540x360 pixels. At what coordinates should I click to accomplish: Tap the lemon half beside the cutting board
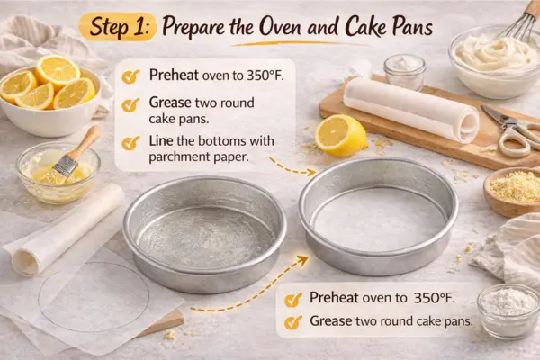tap(341, 135)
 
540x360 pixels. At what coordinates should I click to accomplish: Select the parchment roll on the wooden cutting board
tap(410, 106)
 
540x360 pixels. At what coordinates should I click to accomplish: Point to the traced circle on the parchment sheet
tap(94, 296)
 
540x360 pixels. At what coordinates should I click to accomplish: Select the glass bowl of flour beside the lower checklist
tap(508, 309)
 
